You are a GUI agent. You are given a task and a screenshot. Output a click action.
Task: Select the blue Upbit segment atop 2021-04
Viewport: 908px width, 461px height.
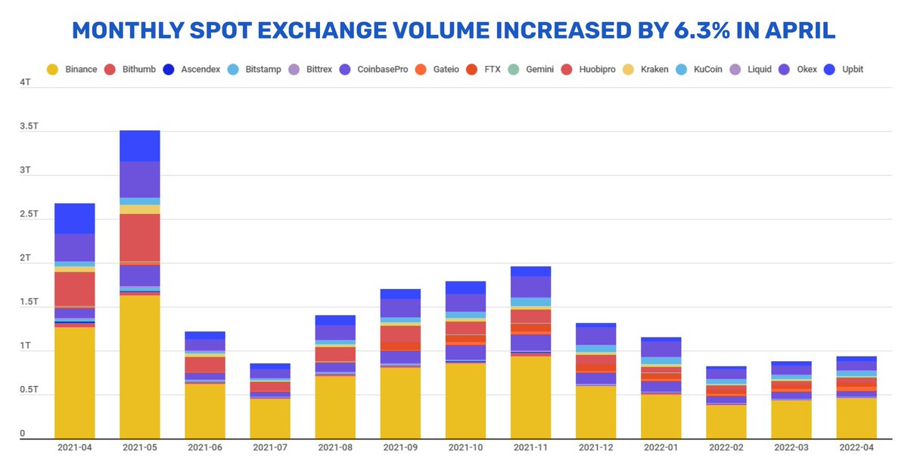point(75,218)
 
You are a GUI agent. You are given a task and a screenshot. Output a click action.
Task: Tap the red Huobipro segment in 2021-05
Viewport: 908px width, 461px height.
point(139,238)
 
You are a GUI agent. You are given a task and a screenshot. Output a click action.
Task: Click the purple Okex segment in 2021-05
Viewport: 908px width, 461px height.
point(139,179)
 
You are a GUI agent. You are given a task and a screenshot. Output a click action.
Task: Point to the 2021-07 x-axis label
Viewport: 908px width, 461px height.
point(269,447)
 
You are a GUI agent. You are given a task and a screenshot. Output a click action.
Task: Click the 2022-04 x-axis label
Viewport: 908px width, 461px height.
point(857,447)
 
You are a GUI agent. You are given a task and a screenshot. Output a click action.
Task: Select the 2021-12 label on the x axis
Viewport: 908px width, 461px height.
point(595,447)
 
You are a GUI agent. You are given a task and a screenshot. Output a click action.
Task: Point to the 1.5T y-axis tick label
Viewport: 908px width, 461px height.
point(29,302)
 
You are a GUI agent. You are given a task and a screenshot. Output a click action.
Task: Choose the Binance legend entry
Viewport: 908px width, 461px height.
point(72,69)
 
